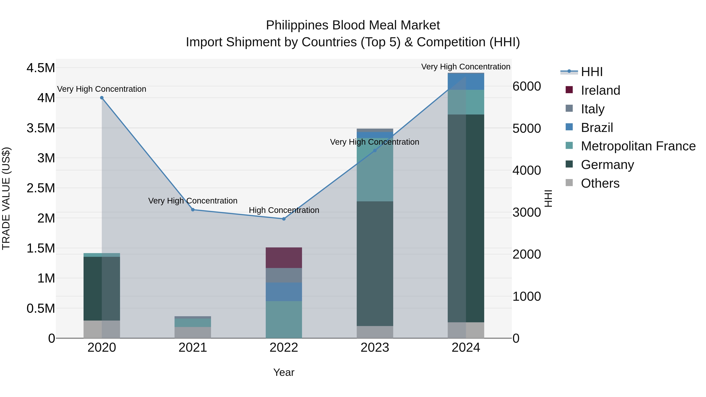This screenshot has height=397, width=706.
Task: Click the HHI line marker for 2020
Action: click(102, 98)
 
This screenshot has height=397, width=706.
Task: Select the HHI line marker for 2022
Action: click(284, 219)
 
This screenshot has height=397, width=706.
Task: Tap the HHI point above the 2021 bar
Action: click(193, 210)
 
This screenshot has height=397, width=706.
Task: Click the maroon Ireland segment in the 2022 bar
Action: click(284, 258)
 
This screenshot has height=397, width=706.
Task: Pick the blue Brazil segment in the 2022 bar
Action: click(284, 292)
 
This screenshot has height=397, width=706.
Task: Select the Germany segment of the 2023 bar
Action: click(375, 263)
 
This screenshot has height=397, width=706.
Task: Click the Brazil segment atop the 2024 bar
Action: click(466, 82)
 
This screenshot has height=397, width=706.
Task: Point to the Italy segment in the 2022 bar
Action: click(284, 275)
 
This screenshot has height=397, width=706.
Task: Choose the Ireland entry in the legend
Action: click(600, 90)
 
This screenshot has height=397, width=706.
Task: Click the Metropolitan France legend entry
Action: click(638, 146)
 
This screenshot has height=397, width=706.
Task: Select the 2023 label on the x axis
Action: click(375, 348)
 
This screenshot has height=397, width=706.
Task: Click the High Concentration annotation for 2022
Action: click(284, 210)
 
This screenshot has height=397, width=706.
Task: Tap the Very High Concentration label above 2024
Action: click(466, 67)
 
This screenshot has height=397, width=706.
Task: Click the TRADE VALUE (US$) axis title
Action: click(6, 198)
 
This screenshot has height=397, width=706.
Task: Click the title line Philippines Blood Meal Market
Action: click(353, 25)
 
